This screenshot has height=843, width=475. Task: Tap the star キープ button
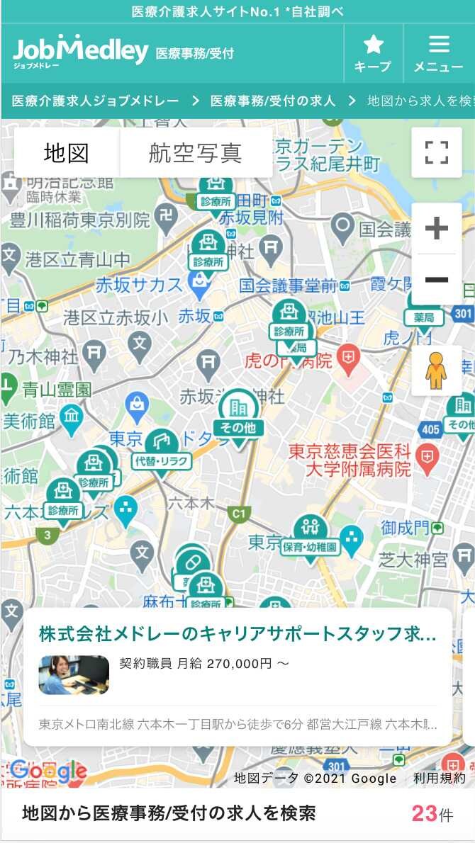coord(373,53)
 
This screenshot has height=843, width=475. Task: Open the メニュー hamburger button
coord(439,53)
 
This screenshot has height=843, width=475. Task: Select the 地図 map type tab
coord(66,152)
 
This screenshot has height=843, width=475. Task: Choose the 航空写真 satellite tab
coord(196,152)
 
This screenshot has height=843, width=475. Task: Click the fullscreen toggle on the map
coord(436,152)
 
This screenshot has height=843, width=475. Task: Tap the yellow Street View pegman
coord(436,370)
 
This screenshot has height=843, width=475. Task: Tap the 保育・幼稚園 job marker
coord(311,535)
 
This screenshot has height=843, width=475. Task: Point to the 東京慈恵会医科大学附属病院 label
coord(350,460)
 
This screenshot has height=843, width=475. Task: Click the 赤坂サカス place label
coord(139,285)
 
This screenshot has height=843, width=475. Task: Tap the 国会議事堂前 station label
coord(287,285)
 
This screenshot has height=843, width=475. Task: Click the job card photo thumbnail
coord(74,674)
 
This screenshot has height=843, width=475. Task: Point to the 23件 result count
coord(432,813)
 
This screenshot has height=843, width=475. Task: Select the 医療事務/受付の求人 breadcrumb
coord(273,101)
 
